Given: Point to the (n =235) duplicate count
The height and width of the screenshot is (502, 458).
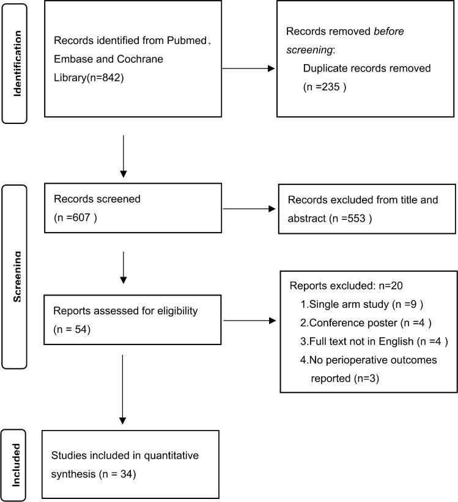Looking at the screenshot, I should (x=325, y=87).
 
